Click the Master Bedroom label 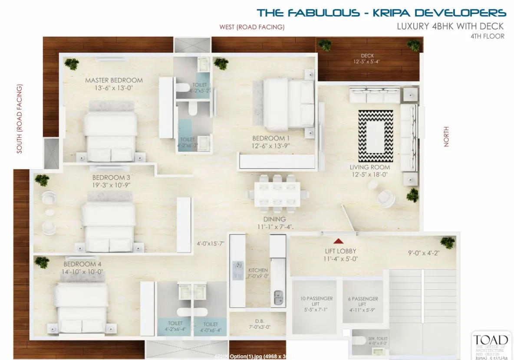114,80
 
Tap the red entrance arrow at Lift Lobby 338,241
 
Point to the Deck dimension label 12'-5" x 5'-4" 367,62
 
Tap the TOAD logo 491,340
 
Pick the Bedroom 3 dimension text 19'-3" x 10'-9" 111,185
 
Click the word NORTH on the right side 446,137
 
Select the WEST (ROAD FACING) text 252,27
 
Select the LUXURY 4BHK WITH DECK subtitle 451,26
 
